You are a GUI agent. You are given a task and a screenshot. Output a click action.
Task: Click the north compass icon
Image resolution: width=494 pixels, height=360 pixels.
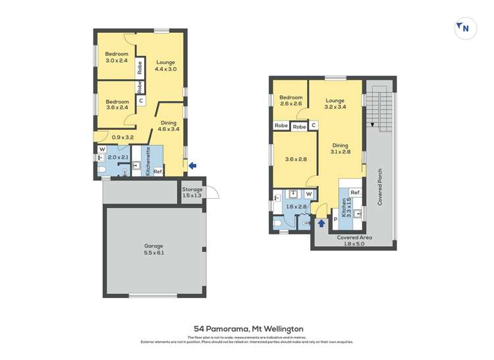pos(465,28)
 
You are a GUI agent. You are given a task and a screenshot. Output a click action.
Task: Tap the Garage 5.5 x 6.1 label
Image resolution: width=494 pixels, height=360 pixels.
pos(153,249)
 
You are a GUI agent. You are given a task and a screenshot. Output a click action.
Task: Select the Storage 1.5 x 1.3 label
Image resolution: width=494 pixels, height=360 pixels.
pos(192,192)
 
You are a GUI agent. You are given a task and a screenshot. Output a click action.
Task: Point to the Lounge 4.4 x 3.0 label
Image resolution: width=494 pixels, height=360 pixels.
pos(165,65)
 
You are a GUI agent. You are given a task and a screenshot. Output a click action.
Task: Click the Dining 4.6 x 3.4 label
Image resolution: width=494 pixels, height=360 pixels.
pos(169,126)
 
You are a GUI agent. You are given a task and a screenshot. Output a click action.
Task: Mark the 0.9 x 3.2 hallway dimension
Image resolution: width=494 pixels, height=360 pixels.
pos(123,138)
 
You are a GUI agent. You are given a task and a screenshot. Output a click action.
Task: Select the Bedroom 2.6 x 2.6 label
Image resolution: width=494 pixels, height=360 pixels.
pos(290,100)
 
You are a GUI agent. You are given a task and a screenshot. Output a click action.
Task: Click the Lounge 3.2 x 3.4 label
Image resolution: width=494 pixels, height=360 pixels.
pos(335,103)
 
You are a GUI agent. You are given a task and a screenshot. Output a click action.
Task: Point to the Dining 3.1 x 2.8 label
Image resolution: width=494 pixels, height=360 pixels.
pos(340,149)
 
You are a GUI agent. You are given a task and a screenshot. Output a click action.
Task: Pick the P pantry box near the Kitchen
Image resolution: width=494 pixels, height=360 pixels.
pos(335,219)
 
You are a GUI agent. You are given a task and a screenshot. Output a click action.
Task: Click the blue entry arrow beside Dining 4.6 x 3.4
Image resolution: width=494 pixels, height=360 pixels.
pos(192,166)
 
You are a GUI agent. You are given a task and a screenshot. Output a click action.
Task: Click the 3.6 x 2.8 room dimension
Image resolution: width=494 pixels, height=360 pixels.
pos(292,159)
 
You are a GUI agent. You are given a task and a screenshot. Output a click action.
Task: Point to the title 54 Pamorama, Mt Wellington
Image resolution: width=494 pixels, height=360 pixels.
pos(248,328)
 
